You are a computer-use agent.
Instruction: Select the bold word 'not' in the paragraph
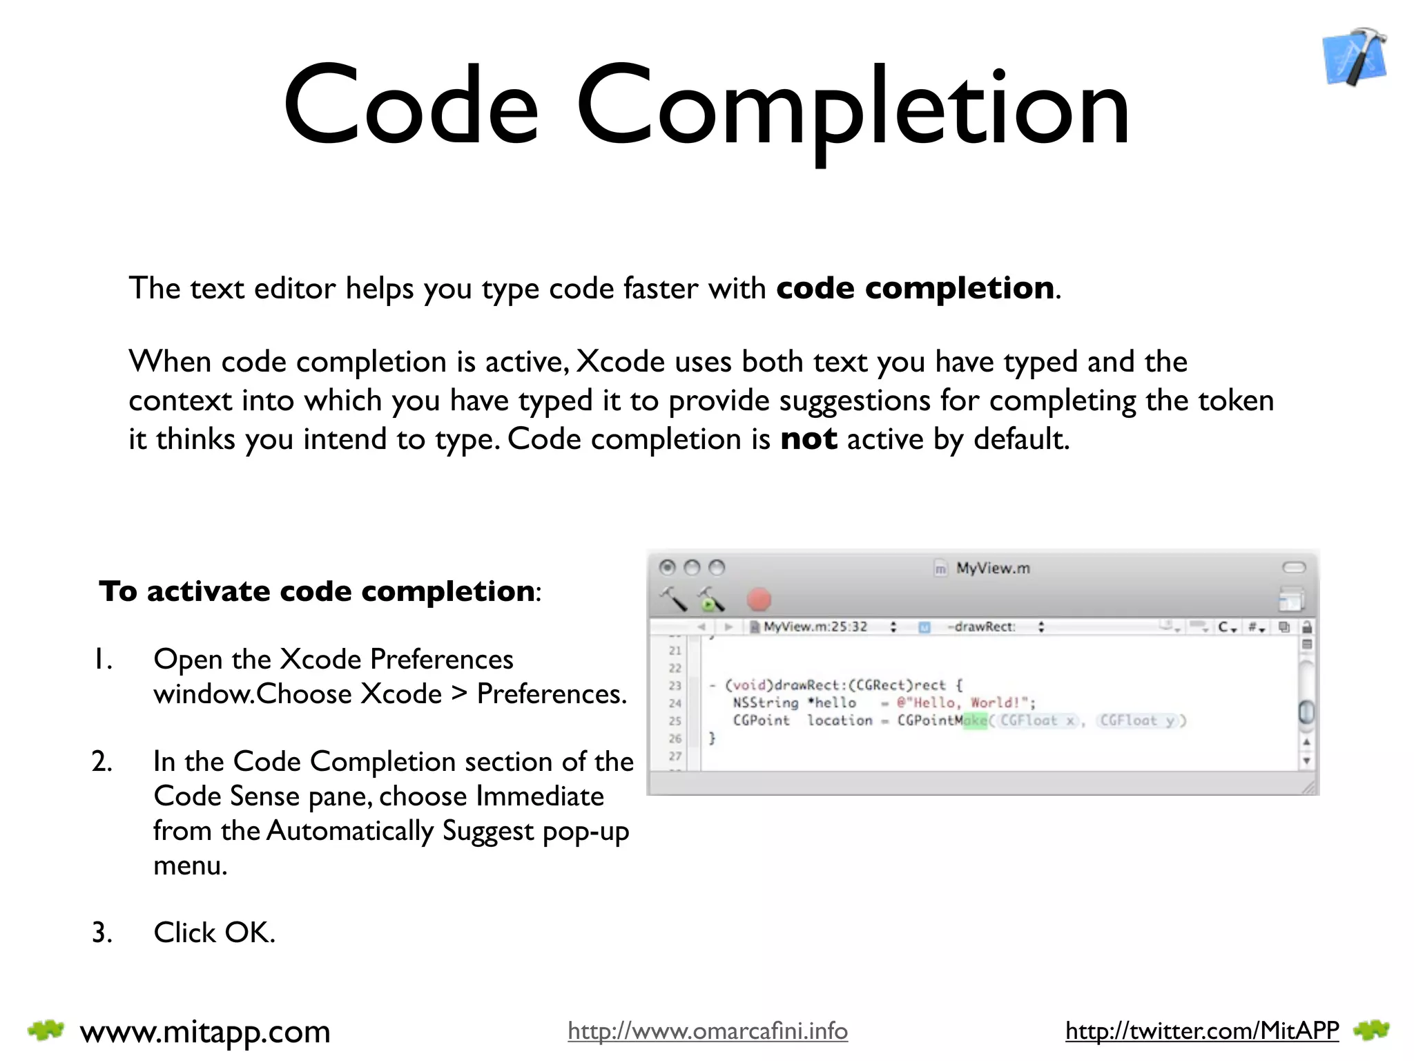(808, 439)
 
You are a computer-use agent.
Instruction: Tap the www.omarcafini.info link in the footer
(708, 1031)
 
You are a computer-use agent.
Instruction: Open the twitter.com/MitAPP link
(1201, 1031)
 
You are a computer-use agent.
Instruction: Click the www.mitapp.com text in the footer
(205, 1031)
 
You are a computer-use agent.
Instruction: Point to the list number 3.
(101, 933)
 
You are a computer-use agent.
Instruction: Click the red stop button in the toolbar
(759, 600)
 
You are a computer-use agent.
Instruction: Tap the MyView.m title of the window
(992, 568)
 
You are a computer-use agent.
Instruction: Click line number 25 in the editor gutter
(675, 721)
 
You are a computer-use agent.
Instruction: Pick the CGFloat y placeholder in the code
(1136, 721)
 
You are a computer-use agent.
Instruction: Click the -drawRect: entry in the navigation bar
(981, 627)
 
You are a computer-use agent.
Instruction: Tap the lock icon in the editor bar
(1306, 627)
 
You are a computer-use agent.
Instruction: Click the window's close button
(667, 568)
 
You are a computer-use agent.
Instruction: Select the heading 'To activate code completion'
(316, 591)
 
